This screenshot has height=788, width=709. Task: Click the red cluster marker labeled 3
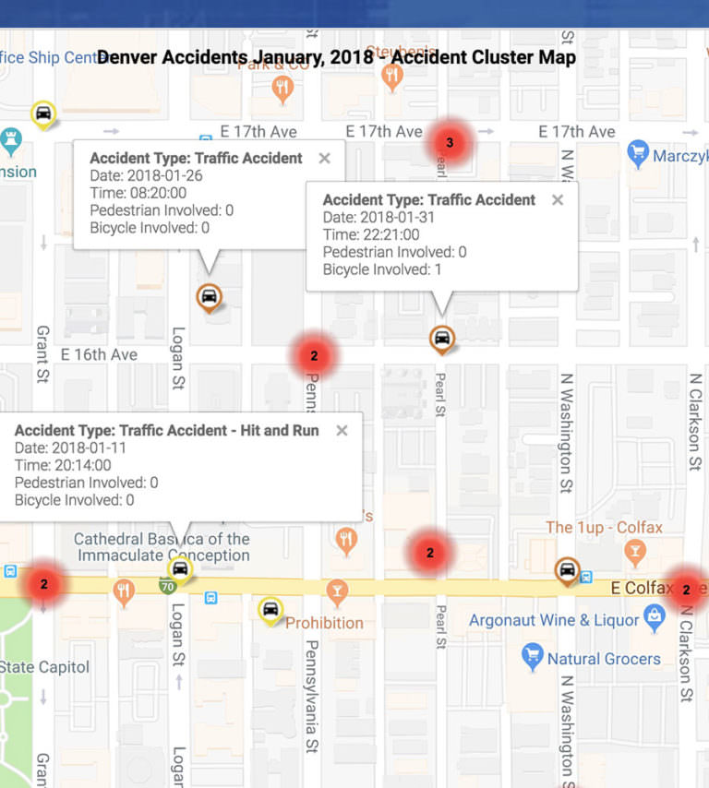click(450, 142)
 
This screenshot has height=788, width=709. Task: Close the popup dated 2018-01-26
click(324, 159)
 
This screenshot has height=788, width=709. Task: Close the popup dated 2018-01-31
click(557, 199)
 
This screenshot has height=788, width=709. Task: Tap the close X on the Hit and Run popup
click(342, 430)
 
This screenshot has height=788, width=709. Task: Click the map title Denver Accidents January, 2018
click(336, 57)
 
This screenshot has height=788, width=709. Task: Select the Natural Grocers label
click(604, 659)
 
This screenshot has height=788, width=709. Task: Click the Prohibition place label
click(324, 623)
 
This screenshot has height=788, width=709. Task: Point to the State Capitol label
click(44, 667)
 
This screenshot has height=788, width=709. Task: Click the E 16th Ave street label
click(99, 354)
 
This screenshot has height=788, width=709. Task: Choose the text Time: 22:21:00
click(371, 234)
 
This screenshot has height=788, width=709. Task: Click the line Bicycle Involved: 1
click(382, 269)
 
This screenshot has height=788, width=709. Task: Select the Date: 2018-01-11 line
click(70, 448)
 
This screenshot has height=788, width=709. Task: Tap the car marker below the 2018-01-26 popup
click(210, 297)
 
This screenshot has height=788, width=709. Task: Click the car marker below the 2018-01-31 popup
click(442, 339)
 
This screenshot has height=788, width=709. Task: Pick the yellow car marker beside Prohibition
click(270, 609)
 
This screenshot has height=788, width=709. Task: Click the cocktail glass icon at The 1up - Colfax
click(634, 553)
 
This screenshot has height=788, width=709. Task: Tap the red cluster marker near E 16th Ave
click(314, 355)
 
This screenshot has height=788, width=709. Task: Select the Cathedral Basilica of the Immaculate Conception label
click(162, 547)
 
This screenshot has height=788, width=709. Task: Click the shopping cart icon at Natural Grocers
click(532, 657)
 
